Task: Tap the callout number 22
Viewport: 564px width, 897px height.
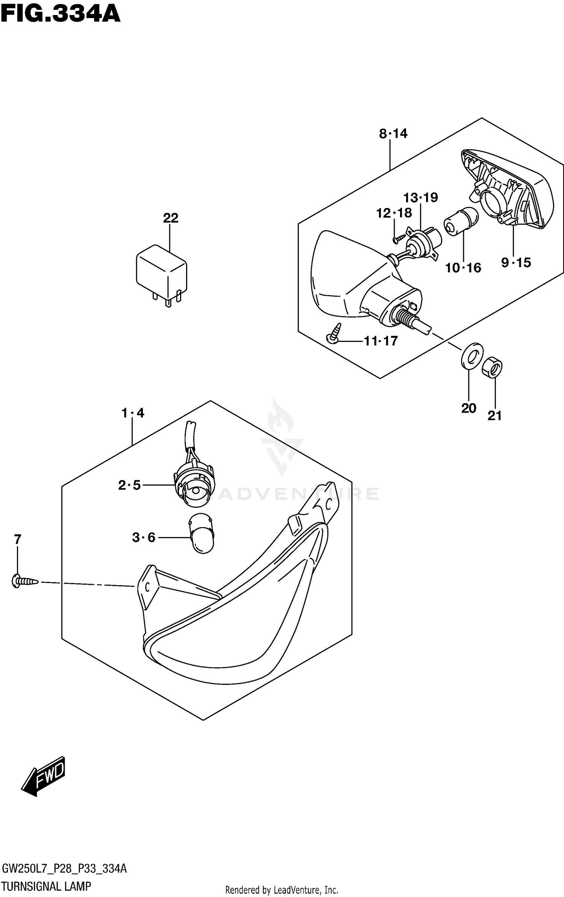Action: (x=170, y=218)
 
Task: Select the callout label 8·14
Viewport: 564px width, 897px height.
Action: (x=393, y=134)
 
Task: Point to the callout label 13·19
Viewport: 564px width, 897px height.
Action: (x=421, y=197)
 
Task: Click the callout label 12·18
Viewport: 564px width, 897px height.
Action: (x=394, y=213)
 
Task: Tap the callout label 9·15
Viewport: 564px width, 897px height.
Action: (x=516, y=263)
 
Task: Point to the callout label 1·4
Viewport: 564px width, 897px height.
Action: (x=133, y=413)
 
